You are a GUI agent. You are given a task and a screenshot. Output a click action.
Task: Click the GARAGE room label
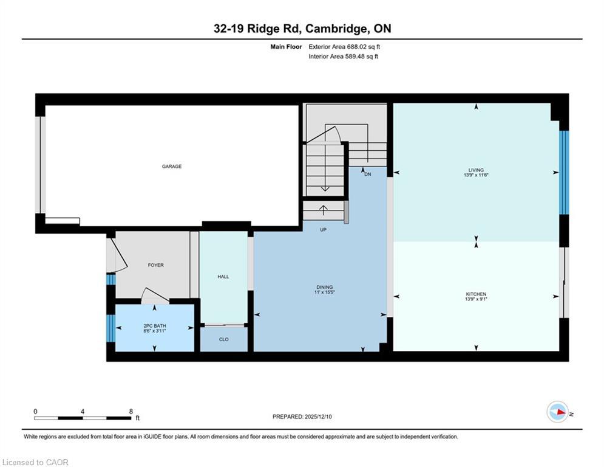[172, 166]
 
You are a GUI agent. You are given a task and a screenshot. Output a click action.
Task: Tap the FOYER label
[156, 265]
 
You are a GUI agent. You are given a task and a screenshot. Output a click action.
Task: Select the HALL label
[223, 277]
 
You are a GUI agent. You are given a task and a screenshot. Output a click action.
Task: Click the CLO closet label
[223, 339]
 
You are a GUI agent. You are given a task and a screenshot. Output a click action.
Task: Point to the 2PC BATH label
[154, 326]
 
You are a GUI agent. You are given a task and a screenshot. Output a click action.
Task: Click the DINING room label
[324, 287]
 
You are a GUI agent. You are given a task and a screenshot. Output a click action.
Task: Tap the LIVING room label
[476, 170]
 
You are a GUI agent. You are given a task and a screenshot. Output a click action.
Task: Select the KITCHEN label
[476, 294]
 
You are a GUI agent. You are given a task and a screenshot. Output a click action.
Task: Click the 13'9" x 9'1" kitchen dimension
[476, 300]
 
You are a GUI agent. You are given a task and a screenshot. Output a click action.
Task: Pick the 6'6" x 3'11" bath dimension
[154, 331]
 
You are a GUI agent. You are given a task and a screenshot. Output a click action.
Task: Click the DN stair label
[367, 175]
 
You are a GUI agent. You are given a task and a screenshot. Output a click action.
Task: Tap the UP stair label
[324, 230]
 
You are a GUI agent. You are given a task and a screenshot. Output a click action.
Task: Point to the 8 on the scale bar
[131, 411]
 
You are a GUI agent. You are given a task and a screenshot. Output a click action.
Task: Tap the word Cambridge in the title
[336, 29]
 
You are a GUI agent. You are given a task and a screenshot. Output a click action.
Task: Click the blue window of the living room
[564, 173]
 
